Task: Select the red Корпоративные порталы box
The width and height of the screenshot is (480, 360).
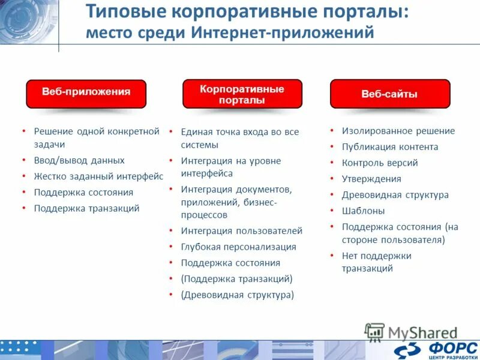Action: [242, 94]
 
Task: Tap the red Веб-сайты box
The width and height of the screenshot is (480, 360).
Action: [389, 94]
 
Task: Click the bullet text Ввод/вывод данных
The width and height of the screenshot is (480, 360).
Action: [79, 160]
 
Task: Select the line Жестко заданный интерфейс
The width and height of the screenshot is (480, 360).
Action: [98, 176]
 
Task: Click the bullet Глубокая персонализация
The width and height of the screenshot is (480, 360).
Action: [238, 247]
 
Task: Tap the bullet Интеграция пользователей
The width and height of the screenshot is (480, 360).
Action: [241, 230]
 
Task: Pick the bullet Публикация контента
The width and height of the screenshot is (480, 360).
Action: [390, 147]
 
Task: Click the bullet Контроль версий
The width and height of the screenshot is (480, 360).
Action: [380, 163]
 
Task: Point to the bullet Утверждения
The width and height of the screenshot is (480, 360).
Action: [371, 179]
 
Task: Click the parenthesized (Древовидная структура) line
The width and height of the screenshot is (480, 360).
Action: [237, 295]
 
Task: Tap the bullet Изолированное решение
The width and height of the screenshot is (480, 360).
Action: [398, 131]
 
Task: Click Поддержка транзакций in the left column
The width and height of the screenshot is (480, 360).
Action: [86, 208]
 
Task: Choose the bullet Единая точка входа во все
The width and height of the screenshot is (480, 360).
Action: [239, 131]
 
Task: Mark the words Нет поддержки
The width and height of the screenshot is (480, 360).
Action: [376, 256]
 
